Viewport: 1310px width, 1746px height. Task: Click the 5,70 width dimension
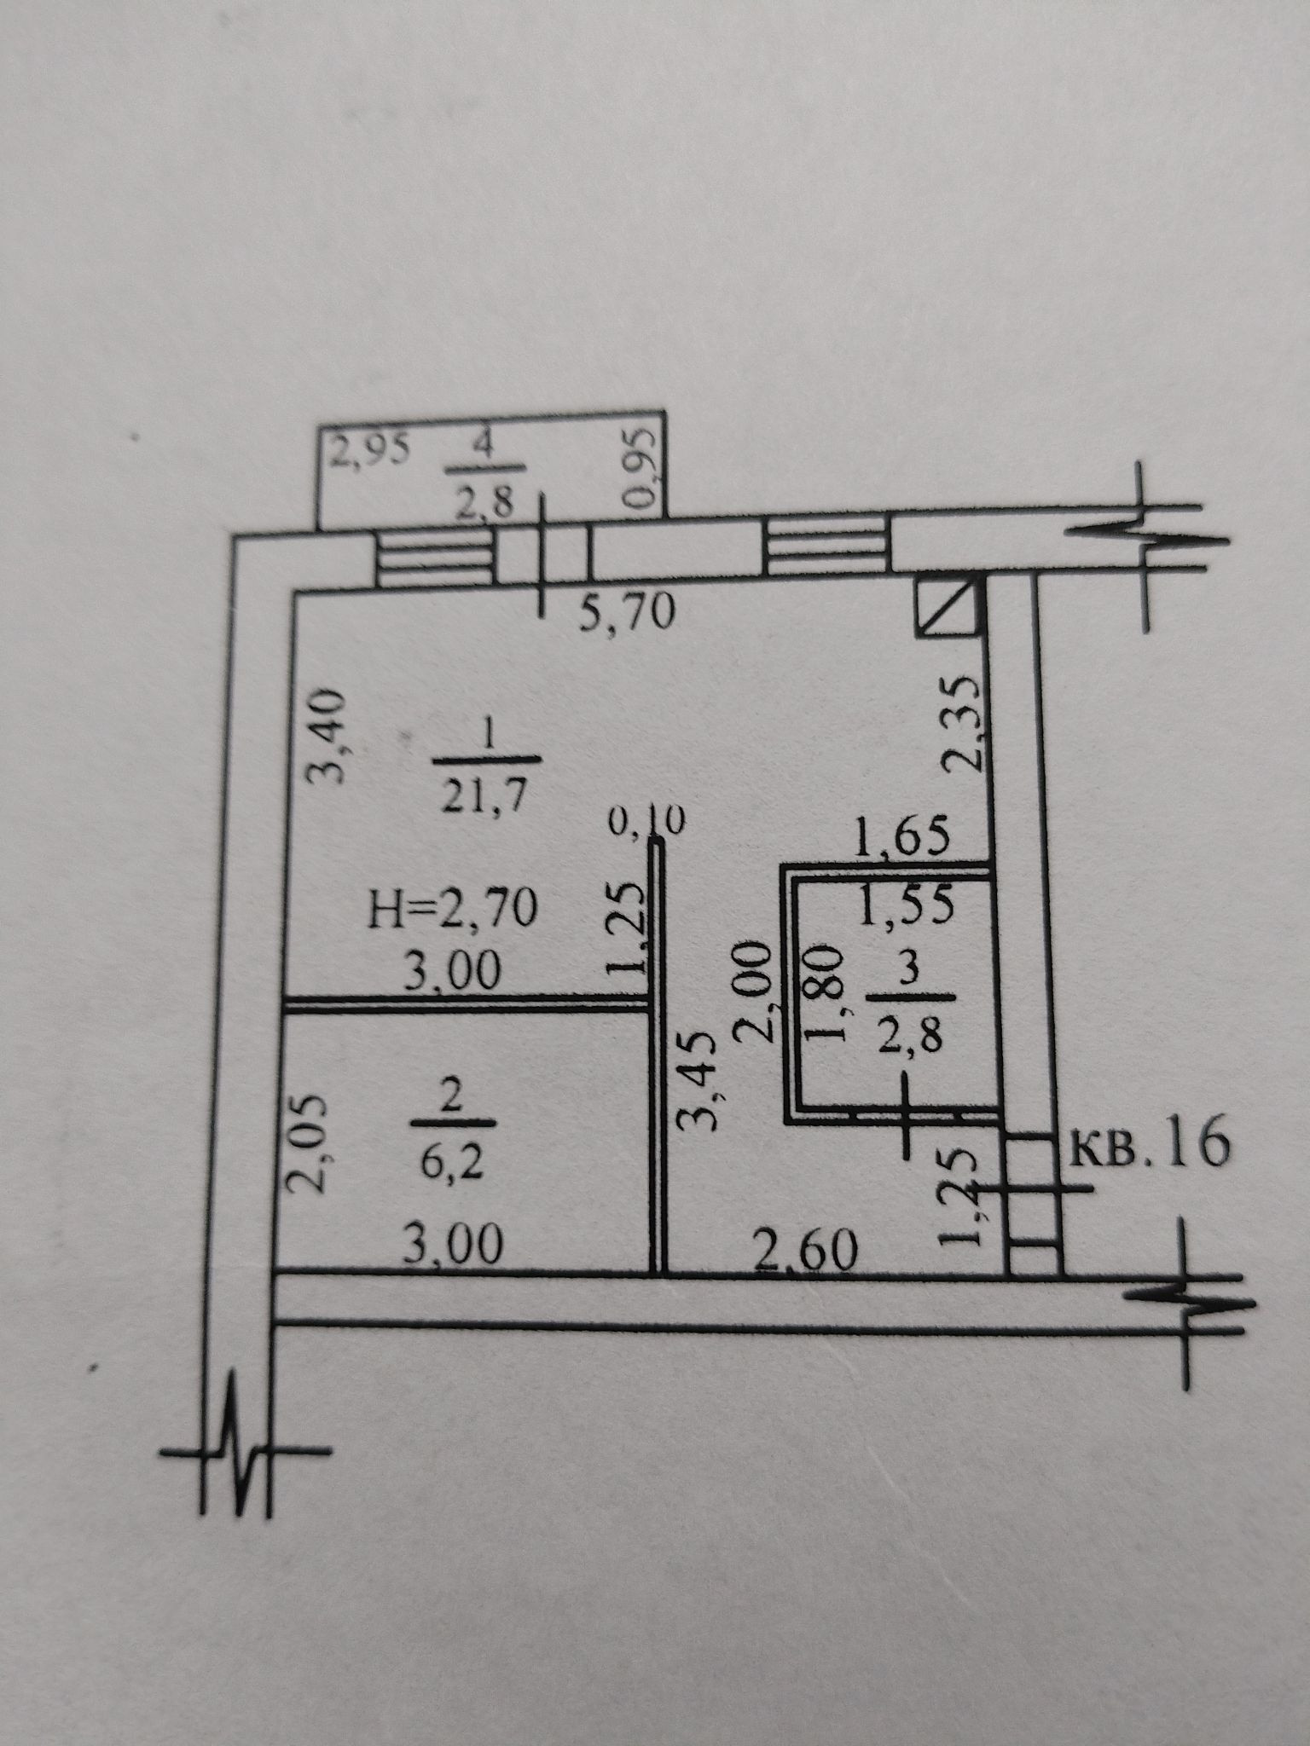(x=627, y=612)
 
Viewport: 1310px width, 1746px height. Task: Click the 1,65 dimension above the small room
(x=902, y=841)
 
